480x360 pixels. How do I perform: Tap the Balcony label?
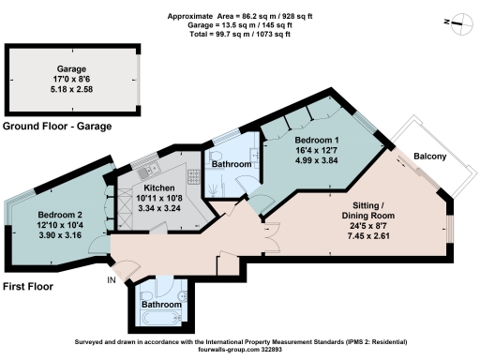[431, 157]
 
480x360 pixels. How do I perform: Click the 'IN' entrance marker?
[112, 279]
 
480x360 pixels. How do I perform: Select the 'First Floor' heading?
[27, 286]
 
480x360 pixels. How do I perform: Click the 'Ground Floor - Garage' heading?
[57, 126]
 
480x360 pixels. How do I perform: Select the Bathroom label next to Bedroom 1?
[231, 164]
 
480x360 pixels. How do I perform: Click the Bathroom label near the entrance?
[161, 305]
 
